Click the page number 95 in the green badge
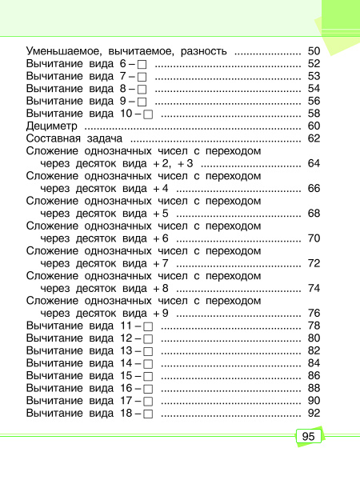[308, 438]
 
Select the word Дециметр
[52, 126]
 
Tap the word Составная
[55, 139]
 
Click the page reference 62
[314, 139]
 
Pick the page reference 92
[314, 413]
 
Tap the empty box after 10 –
[148, 114]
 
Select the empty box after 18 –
[148, 414]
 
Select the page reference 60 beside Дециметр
[314, 126]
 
